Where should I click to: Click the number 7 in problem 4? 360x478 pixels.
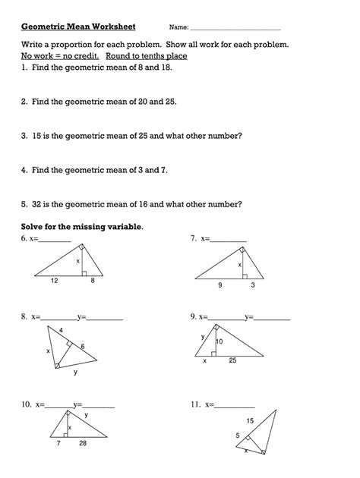[x=163, y=170]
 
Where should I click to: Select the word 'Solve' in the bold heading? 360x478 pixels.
[x=34, y=227]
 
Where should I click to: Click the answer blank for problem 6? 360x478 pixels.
[x=55, y=240]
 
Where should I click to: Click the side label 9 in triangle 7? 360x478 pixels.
[x=220, y=285]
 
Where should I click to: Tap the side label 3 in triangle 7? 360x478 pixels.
[x=253, y=285]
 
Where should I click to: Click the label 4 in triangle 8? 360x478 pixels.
[x=62, y=330]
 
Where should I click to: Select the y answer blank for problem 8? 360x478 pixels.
[x=105, y=318]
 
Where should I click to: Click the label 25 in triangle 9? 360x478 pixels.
[x=233, y=360]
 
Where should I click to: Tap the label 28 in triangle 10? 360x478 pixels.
[x=82, y=444]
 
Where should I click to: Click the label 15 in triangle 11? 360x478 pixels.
[x=250, y=420]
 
